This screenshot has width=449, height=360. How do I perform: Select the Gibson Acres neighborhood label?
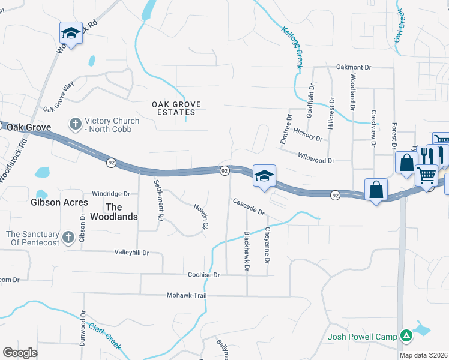59,202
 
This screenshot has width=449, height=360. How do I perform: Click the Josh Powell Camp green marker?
406,335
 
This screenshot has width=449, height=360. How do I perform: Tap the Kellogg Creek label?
292,47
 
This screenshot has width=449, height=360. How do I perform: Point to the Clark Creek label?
105,337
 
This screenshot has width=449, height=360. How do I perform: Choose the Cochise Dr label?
205,274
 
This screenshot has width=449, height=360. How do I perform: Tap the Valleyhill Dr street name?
131,253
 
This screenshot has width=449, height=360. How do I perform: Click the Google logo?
20,353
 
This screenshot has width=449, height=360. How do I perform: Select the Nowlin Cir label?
200,218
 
